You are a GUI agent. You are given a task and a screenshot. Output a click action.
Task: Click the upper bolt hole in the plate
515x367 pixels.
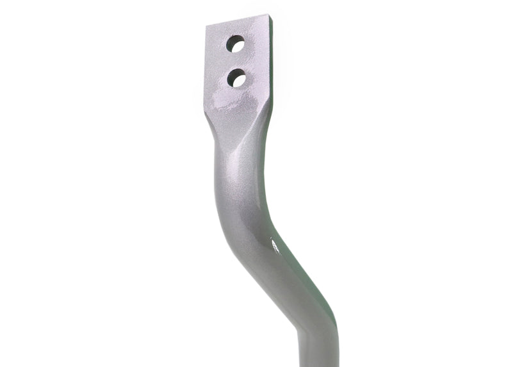(236, 45)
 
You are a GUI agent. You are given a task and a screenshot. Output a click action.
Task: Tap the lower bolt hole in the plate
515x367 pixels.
(236, 78)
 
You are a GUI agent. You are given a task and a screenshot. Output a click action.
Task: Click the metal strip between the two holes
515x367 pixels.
(236, 61)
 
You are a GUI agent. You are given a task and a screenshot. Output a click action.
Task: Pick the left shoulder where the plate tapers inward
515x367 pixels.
(211, 128)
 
